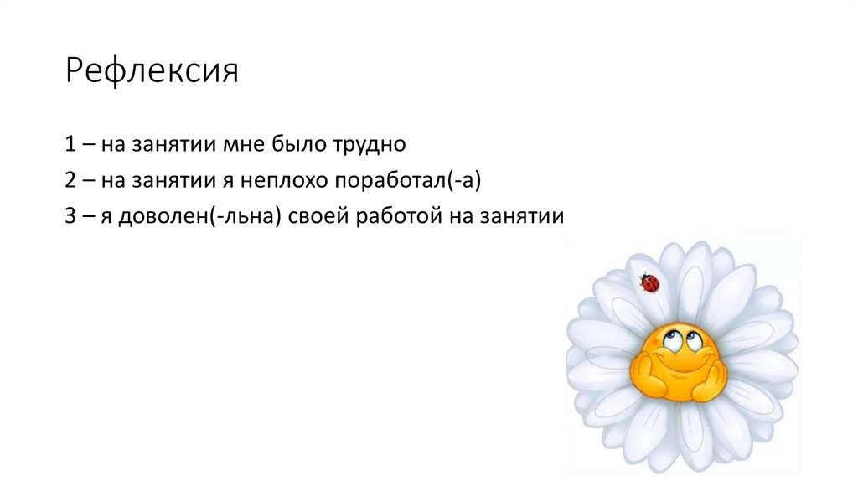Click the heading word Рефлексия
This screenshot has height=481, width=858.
click(x=152, y=72)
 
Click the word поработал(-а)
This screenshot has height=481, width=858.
click(x=411, y=181)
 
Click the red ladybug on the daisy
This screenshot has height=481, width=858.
click(x=649, y=283)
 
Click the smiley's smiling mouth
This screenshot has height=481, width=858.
click(x=680, y=365)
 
